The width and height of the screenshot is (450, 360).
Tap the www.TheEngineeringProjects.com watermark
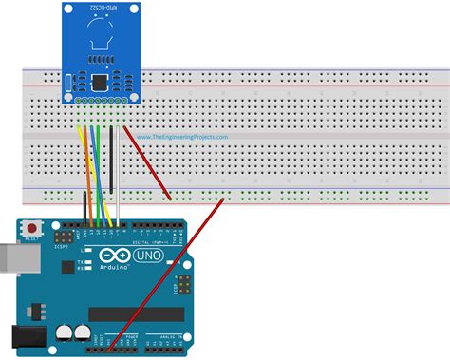click(x=182, y=136)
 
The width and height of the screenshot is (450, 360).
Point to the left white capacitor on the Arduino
click(x=64, y=332)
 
